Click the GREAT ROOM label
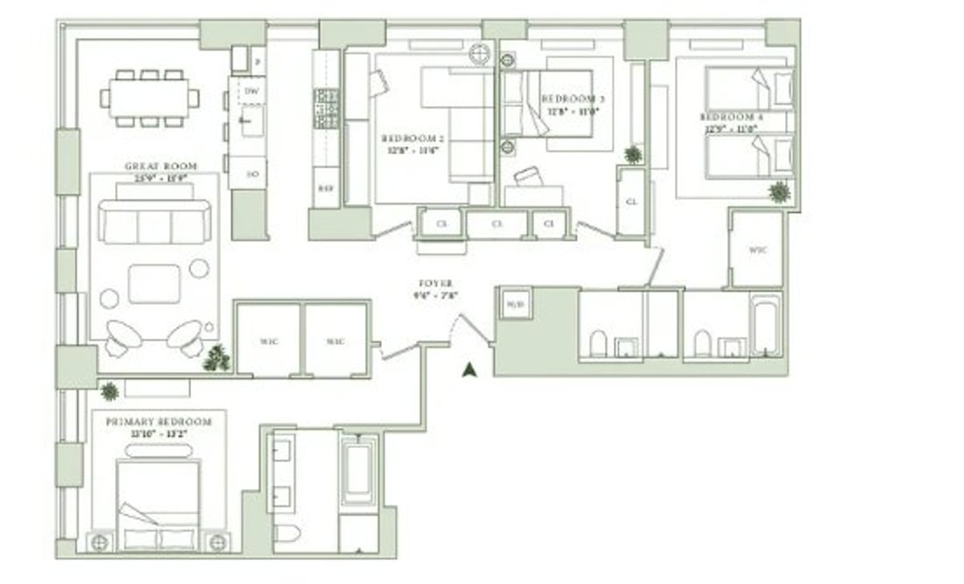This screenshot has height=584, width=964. (x=161, y=166)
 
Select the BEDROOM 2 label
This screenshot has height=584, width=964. (x=413, y=138)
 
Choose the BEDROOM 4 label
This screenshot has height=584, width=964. (x=732, y=117)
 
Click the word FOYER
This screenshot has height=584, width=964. (x=435, y=284)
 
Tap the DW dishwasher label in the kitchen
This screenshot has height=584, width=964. (x=251, y=92)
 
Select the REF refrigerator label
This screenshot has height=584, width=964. (x=325, y=190)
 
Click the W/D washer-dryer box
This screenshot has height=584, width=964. (x=514, y=304)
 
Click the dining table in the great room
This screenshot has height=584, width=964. (x=149, y=98)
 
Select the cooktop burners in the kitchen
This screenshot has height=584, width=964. (x=326, y=108)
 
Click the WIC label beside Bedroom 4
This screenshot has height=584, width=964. (x=757, y=250)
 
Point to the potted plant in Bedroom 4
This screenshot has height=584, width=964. (x=778, y=192)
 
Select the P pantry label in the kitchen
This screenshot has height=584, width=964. (x=257, y=59)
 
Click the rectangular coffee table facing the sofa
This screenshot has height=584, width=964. (x=154, y=284)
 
